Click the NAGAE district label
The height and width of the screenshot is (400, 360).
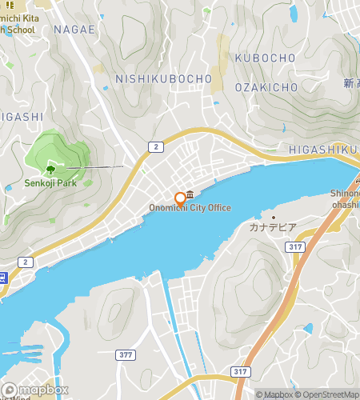[x=74, y=30]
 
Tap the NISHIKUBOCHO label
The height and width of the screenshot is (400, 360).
[x=163, y=78]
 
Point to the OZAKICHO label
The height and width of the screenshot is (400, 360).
[x=266, y=86]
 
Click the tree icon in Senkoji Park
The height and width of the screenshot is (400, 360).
[x=50, y=169]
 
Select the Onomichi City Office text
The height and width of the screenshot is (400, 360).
[x=190, y=208]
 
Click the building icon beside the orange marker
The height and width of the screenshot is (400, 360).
[x=191, y=196]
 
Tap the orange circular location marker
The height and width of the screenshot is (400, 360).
[x=180, y=198]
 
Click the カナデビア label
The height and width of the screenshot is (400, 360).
[x=272, y=228]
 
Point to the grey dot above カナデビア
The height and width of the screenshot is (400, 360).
[x=272, y=217]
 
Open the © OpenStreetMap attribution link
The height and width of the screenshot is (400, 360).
[x=327, y=394]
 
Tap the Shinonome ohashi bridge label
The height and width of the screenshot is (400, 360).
[x=345, y=198]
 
